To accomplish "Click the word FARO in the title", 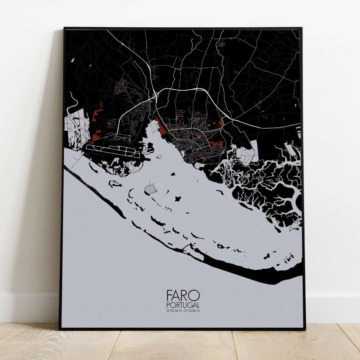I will click(183, 296).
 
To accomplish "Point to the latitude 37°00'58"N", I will click(174, 311).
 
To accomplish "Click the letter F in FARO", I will click(169, 296).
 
